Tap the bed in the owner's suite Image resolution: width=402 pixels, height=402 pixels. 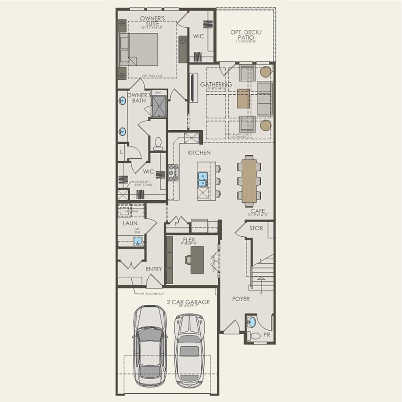139,49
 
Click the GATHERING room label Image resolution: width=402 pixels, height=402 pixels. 216,85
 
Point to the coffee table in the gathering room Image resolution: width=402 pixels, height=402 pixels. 243,98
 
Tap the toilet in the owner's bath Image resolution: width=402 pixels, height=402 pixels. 158,144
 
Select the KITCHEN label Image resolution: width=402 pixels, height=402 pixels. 199,153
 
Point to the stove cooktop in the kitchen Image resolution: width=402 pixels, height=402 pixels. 173,172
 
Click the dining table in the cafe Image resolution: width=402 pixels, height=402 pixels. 249,181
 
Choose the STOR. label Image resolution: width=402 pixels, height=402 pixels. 257,228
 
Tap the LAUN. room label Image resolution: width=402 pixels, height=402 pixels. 131,223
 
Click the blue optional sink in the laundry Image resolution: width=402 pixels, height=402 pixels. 138,241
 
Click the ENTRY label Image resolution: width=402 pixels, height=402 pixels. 154,269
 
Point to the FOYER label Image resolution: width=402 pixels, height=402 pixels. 241,299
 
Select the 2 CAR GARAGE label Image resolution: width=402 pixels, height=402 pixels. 188,302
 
